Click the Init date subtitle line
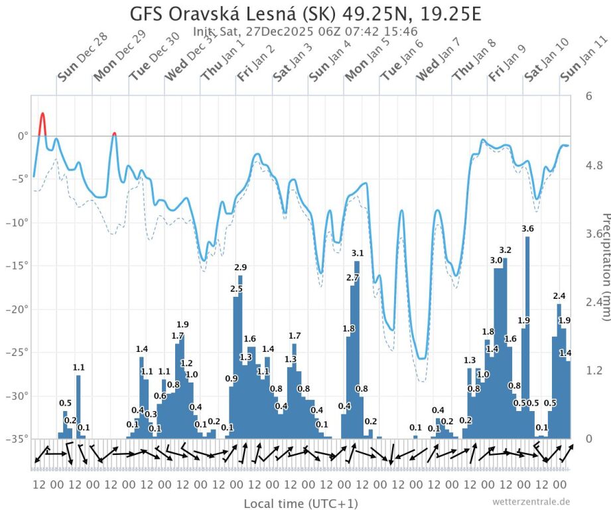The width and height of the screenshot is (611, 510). click(305, 31)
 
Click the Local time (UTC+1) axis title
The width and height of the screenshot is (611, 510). click(301, 503)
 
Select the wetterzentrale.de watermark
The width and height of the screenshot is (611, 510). click(531, 501)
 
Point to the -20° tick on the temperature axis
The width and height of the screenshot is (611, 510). click(15, 309)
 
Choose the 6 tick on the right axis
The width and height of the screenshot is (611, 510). click(588, 96)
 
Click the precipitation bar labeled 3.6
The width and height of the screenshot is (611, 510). click(527, 332)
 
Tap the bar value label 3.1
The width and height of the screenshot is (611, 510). click(358, 253)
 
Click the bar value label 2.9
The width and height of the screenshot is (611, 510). click(240, 267)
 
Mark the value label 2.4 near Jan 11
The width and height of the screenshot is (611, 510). click(559, 296)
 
